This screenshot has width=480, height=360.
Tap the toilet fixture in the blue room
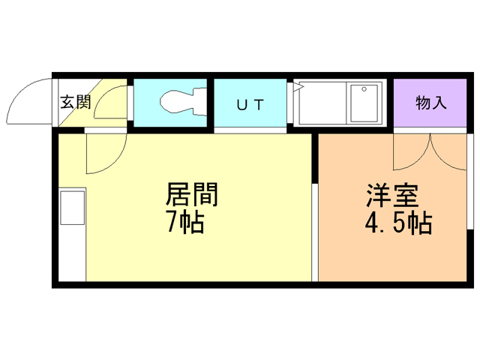click(180, 103)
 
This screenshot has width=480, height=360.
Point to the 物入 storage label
click(430, 103)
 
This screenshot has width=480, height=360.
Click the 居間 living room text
click(192, 195)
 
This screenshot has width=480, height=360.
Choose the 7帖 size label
click(185, 222)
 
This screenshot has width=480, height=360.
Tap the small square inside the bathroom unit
click(364, 103)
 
